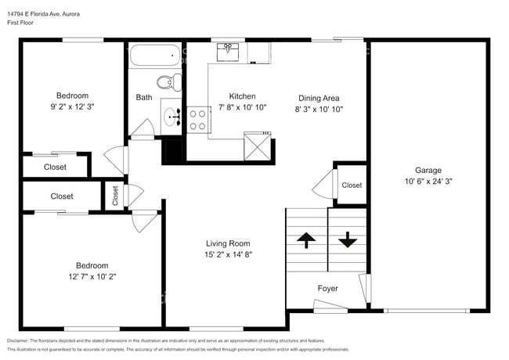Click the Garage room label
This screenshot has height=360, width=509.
[428, 171]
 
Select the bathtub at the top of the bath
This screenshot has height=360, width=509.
[154, 57]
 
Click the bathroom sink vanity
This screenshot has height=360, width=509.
[171, 118]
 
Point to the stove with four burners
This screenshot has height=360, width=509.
[197, 119]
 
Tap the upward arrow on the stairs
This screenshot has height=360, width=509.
[305, 239]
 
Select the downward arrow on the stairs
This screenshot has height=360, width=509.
[347, 239]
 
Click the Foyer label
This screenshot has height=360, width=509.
[327, 289]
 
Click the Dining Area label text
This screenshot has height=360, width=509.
[320, 98]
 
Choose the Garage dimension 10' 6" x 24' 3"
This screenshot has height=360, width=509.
[428, 182]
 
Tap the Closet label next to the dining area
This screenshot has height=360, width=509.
[352, 185]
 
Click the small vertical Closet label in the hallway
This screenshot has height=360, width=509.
[115, 196]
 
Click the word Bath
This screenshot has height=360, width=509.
[144, 98]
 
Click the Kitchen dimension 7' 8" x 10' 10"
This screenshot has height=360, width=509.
[243, 108]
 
